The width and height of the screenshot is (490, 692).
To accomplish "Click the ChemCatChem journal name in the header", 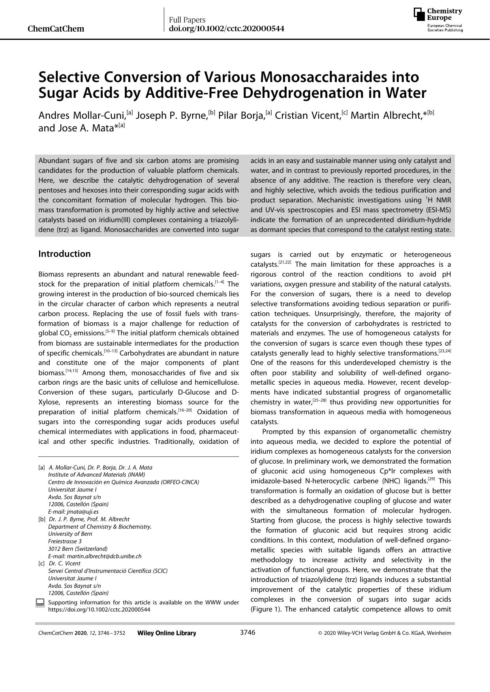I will tap(56, 29).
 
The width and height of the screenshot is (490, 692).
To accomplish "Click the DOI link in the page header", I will tap(226, 29).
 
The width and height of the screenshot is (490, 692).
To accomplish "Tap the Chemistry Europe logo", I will tap(438, 20).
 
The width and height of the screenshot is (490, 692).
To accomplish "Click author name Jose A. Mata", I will tap(82, 128).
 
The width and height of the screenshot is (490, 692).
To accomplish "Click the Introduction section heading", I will tap(64, 254).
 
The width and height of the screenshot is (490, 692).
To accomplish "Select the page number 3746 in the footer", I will tap(248, 632).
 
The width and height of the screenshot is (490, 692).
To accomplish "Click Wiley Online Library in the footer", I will tap(167, 633).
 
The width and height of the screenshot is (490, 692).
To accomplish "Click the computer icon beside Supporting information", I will tap(40, 602).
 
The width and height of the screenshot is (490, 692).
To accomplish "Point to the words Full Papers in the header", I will tap(187, 20).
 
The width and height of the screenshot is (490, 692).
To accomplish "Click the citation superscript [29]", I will tap(431, 479).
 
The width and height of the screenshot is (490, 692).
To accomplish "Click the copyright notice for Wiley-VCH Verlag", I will tap(385, 633).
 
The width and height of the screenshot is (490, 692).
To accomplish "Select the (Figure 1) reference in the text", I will tap(267, 609).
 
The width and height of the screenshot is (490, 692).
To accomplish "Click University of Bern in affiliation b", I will tap(70, 534).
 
